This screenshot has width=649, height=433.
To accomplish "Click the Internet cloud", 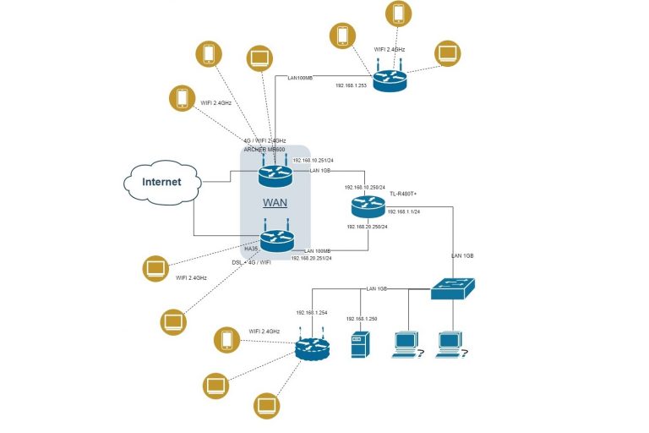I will (161, 181).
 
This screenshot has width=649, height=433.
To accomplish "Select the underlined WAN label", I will (275, 203).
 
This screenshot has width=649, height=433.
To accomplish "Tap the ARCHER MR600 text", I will (266, 148).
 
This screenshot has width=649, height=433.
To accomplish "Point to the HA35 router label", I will (251, 249).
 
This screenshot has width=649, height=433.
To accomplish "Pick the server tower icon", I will (360, 343).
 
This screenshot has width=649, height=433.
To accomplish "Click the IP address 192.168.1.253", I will (352, 85).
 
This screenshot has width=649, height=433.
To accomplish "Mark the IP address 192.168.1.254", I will (311, 313).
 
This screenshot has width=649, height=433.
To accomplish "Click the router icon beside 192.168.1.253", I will (390, 79).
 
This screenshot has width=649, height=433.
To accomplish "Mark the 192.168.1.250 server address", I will (361, 319).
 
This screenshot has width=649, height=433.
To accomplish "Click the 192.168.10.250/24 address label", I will (365, 187).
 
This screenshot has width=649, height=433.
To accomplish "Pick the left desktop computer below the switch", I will (405, 343).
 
